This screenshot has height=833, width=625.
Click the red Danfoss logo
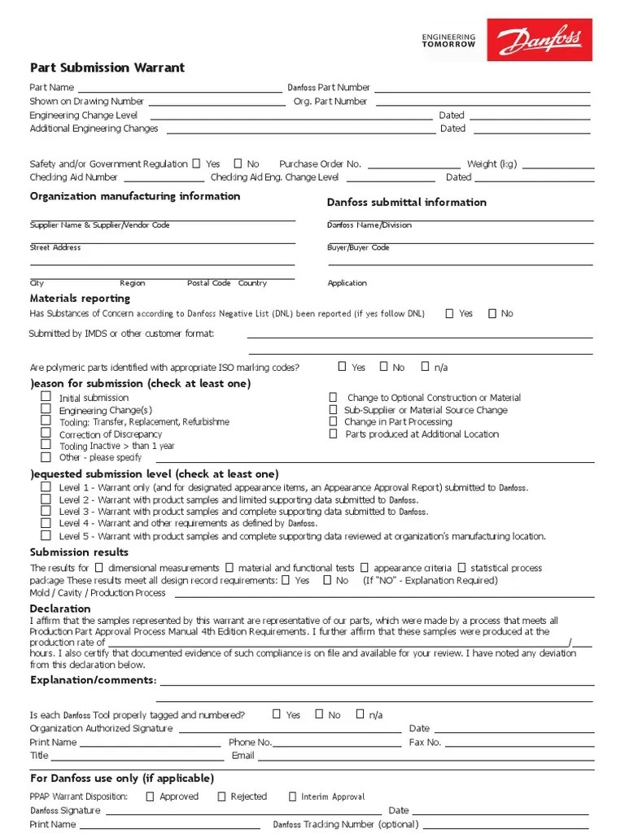[542, 39]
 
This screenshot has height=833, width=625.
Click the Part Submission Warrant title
[107, 68]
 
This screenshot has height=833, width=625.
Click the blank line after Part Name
[179, 88]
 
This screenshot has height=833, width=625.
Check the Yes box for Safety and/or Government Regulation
[195, 164]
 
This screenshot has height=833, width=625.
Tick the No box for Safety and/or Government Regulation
[238, 164]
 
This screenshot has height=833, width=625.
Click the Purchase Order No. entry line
[414, 164]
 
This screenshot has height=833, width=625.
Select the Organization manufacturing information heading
[135, 196]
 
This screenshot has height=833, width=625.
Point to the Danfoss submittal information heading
[406, 202]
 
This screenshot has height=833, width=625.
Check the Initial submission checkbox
[46, 397]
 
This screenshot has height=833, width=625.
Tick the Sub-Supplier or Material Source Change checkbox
[333, 410]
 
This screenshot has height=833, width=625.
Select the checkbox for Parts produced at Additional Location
[333, 434]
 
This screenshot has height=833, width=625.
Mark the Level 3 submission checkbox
[46, 511]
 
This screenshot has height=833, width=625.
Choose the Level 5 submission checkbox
[46, 535]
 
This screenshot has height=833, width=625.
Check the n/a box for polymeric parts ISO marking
[425, 367]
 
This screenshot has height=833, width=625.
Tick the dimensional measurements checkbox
[98, 567]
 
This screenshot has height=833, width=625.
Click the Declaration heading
[60, 608]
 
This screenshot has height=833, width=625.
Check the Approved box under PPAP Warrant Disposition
[150, 796]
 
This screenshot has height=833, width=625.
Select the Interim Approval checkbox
[293, 796]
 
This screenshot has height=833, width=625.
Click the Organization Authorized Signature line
[289, 729]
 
